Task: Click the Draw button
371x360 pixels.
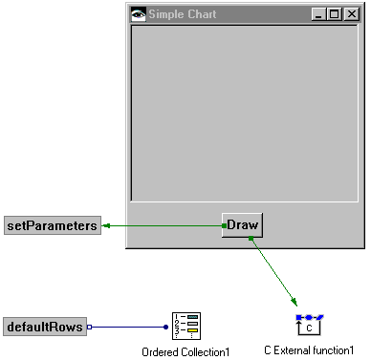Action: pos(243,225)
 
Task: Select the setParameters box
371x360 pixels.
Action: pos(52,226)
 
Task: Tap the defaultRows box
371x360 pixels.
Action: pos(44,328)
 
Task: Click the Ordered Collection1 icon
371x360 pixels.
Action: pos(185,327)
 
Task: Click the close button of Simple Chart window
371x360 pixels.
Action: pos(349,15)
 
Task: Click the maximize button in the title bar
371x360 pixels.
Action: pos(334,15)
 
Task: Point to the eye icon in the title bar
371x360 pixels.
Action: pos(140,15)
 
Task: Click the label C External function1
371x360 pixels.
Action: pos(309,350)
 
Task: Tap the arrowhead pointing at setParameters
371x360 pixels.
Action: pos(106,225)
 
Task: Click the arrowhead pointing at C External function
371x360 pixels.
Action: pos(295,305)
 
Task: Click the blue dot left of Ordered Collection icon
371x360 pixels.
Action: pos(165,328)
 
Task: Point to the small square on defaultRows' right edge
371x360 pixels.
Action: pos(89,328)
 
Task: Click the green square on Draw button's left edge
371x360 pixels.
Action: pos(224,225)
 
